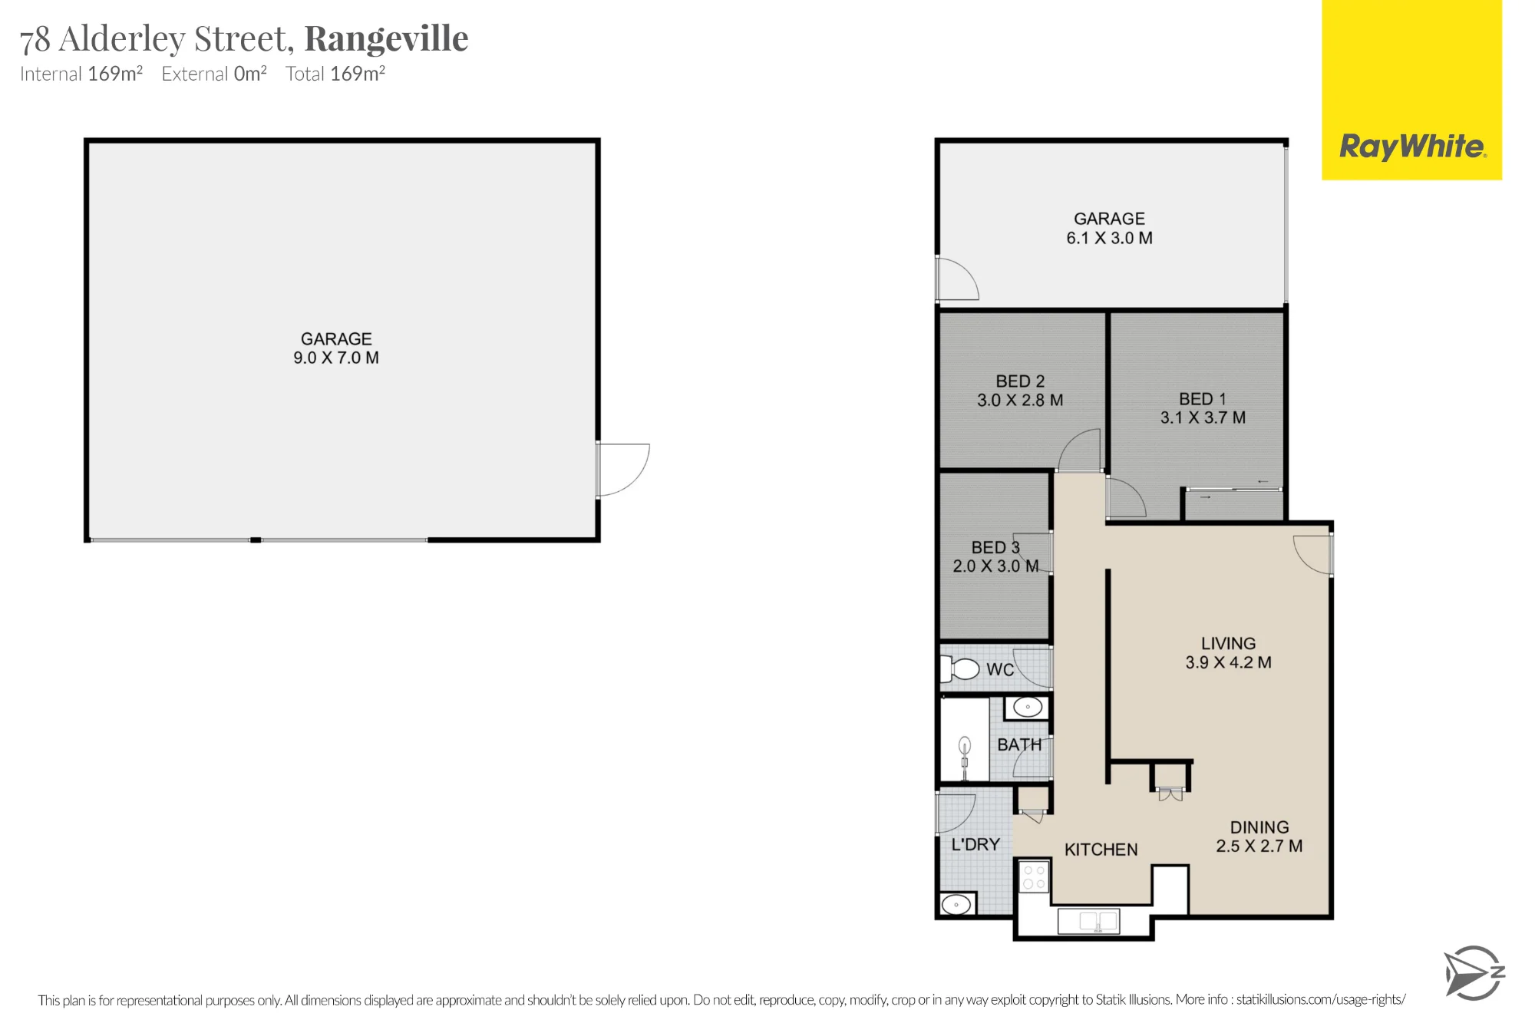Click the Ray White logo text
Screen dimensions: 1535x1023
(1412, 146)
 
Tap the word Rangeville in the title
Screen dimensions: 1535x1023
(386, 38)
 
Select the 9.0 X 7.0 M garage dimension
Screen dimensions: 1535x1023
(336, 358)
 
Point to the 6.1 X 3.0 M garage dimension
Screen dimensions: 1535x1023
(1109, 238)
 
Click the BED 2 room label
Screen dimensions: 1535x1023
(1020, 381)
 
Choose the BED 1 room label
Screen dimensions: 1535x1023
(1203, 399)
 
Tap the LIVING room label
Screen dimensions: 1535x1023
(1228, 644)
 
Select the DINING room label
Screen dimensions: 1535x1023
(1259, 827)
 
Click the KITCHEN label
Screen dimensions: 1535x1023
(1101, 850)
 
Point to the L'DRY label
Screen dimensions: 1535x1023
(975, 844)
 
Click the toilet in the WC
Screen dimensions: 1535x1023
(959, 668)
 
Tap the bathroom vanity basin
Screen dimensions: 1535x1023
(1027, 707)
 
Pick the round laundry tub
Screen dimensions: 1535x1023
(957, 904)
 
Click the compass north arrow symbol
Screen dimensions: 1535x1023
(1474, 973)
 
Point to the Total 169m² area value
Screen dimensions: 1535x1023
(335, 74)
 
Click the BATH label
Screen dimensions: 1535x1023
(1019, 744)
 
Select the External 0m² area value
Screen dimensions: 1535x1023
(214, 74)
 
